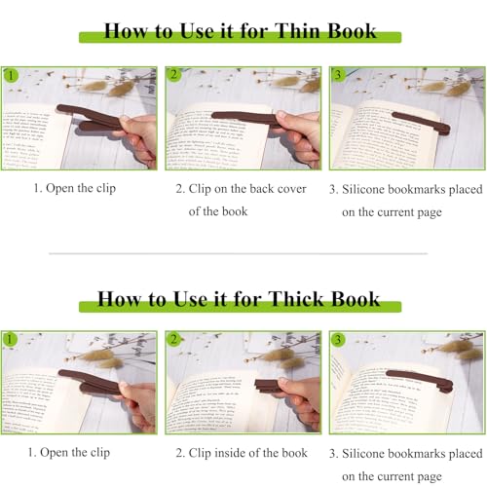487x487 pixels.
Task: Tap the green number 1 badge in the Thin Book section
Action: (11, 75)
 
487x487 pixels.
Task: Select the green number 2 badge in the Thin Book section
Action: (174, 75)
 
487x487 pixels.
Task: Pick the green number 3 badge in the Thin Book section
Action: (338, 75)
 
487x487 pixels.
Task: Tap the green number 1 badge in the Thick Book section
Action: (11, 340)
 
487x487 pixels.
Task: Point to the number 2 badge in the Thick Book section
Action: (174, 340)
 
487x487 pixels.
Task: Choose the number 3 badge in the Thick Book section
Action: (338, 340)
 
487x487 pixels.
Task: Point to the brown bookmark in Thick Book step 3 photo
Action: (419, 378)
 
